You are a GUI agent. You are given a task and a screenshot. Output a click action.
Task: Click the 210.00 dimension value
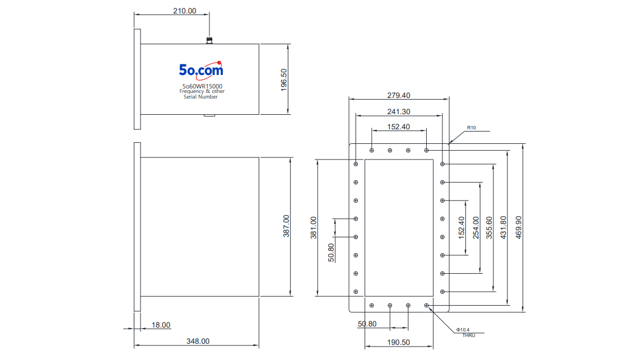coord(185,11)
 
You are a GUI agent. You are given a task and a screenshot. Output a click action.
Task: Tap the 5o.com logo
coord(201,69)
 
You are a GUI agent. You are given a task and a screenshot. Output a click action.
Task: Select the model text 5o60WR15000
coord(202,86)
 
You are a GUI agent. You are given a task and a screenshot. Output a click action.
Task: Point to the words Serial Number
coord(200,97)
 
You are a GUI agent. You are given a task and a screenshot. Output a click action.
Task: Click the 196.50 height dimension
coord(284,80)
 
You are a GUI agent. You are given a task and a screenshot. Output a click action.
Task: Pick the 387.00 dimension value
coord(286,226)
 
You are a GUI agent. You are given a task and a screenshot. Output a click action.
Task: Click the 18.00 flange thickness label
coord(161,325)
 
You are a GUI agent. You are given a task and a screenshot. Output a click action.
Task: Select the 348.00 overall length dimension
coord(198,341)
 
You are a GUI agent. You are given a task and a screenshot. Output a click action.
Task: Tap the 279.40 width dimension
coord(399,95)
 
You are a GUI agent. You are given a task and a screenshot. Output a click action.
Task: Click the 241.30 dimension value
coord(399,111)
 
